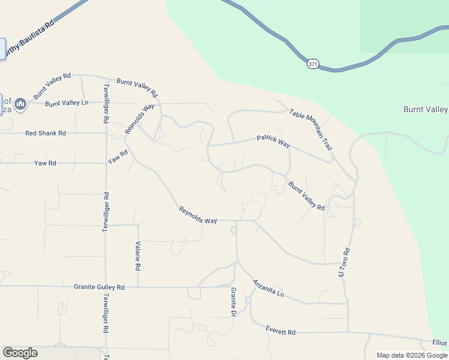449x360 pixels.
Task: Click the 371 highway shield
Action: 313,64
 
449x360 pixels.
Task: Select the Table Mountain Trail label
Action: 310,129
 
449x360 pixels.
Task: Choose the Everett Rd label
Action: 281,331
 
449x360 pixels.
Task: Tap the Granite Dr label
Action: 234,301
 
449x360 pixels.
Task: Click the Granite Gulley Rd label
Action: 99,287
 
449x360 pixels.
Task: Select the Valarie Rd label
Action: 138,256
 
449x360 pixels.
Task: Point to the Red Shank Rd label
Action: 46,133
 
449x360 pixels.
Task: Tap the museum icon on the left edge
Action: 20,105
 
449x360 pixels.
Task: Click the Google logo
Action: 20,353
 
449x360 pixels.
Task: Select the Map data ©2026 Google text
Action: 412,355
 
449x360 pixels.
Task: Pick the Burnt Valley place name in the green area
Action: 425,109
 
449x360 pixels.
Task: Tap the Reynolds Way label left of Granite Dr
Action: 197,216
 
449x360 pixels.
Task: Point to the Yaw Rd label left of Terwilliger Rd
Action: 45,163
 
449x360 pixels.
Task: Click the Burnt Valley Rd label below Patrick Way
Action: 306,196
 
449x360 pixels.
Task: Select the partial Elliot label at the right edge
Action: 439,343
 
